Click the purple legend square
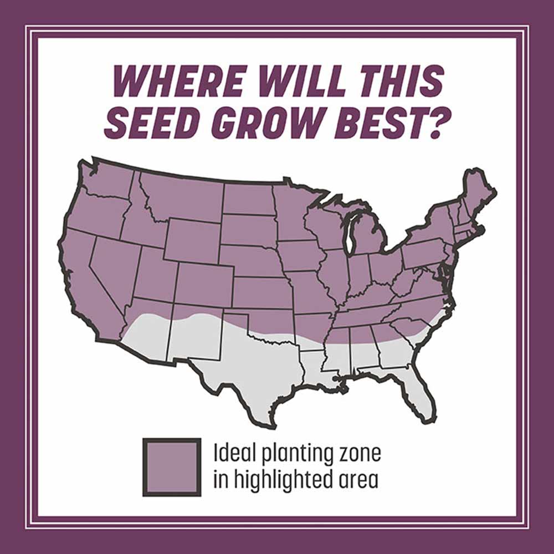[x=172, y=467]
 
